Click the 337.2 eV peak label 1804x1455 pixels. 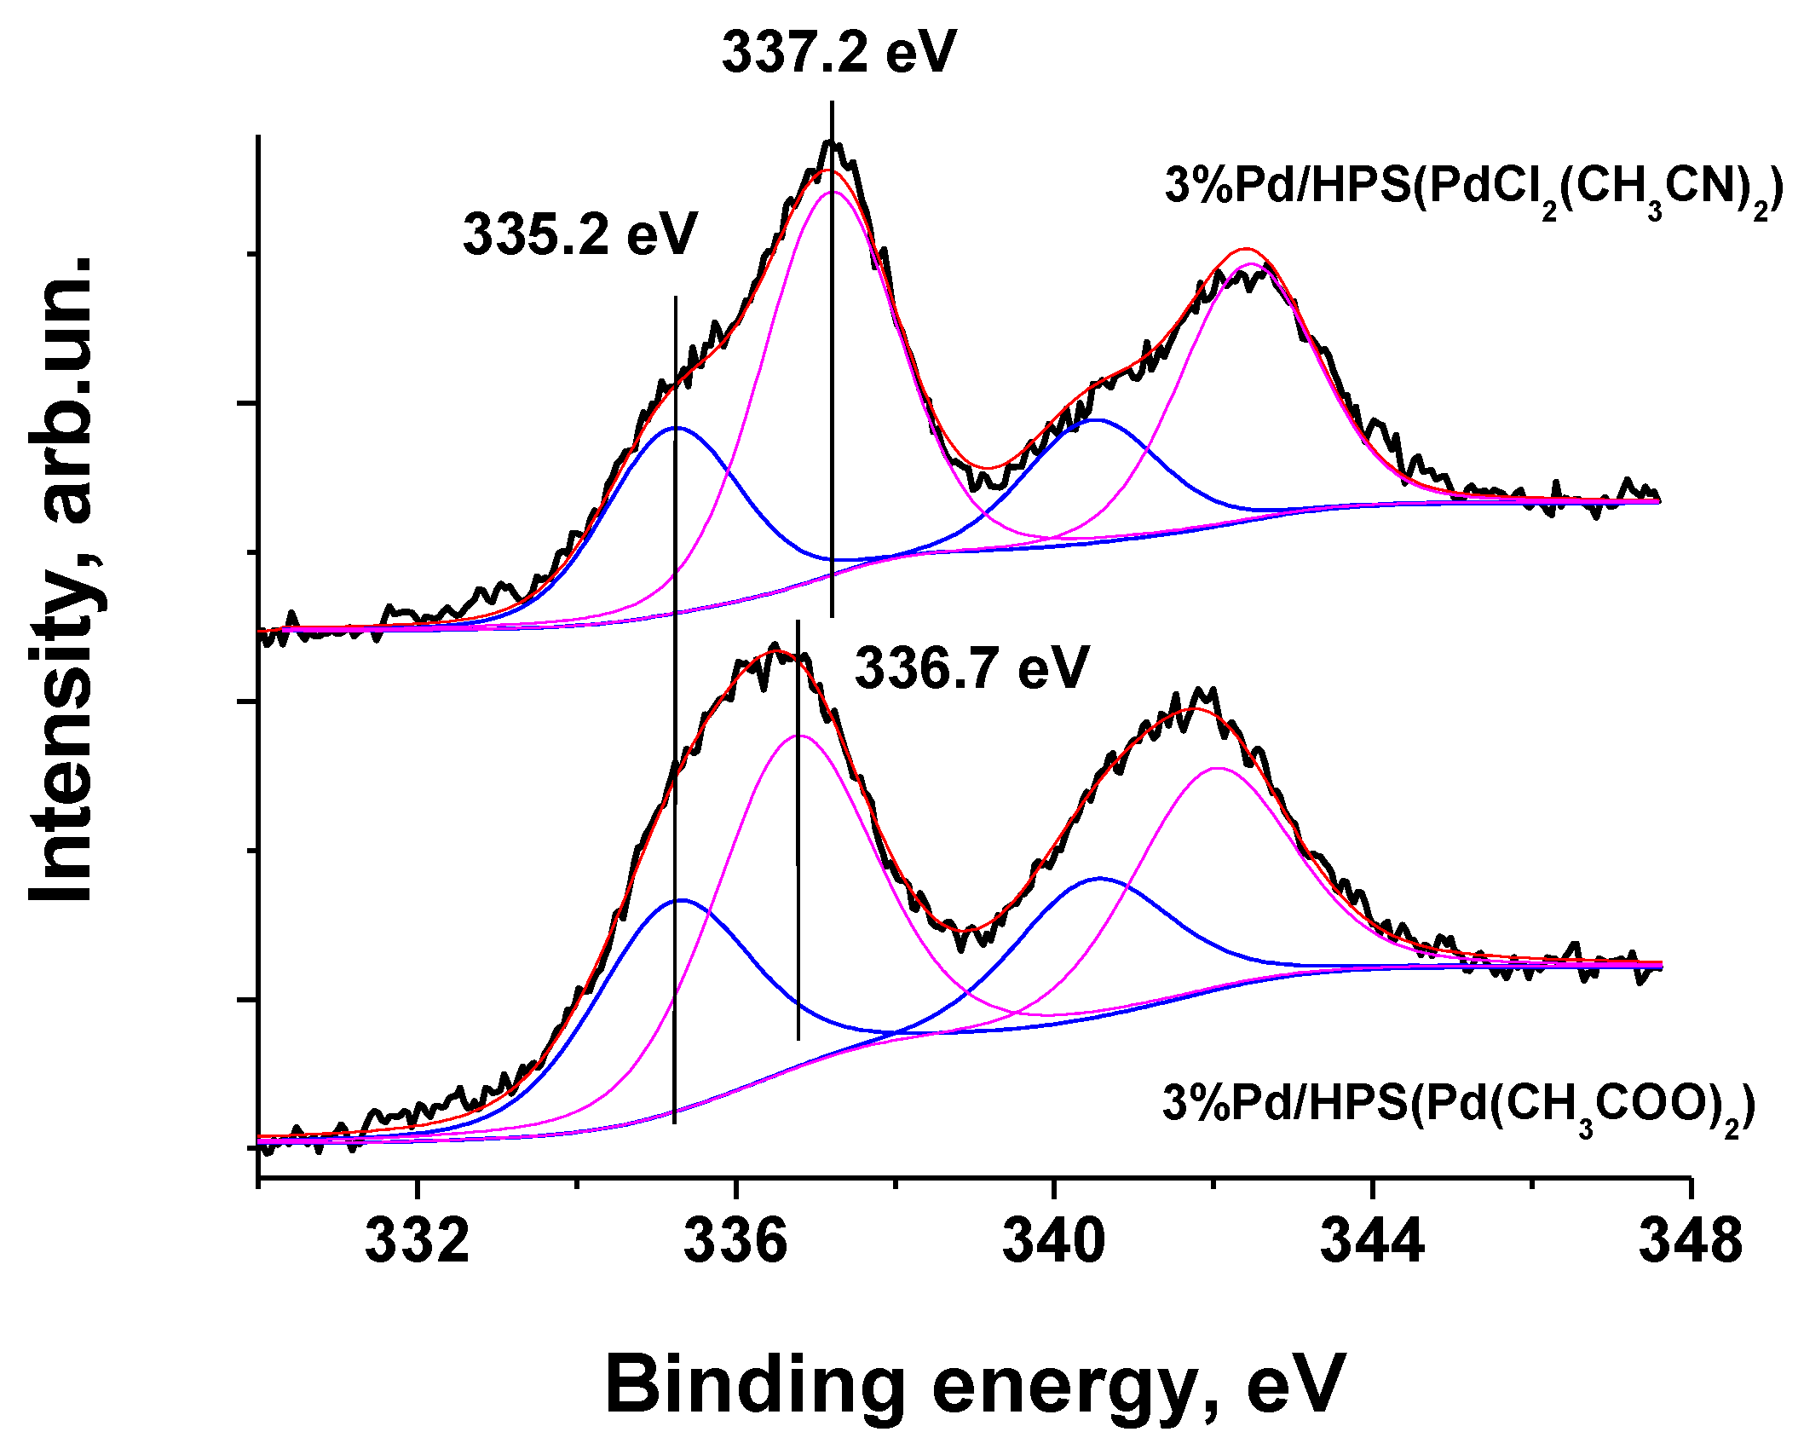(839, 53)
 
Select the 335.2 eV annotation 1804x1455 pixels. (579, 234)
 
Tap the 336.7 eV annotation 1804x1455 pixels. (971, 667)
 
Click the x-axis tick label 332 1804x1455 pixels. (417, 1241)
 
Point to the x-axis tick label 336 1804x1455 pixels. (735, 1241)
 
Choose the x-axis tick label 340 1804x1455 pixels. (1053, 1241)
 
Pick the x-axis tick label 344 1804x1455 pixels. (1372, 1241)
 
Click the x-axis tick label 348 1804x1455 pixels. (1691, 1241)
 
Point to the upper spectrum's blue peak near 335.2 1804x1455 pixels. (676, 428)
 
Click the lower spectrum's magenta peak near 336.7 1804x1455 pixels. (798, 736)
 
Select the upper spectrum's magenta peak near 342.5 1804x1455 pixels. (1251, 264)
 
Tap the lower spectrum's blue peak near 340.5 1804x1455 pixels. (1099, 878)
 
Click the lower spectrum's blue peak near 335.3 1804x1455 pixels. (682, 900)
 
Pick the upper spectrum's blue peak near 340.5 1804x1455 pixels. (1096, 419)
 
